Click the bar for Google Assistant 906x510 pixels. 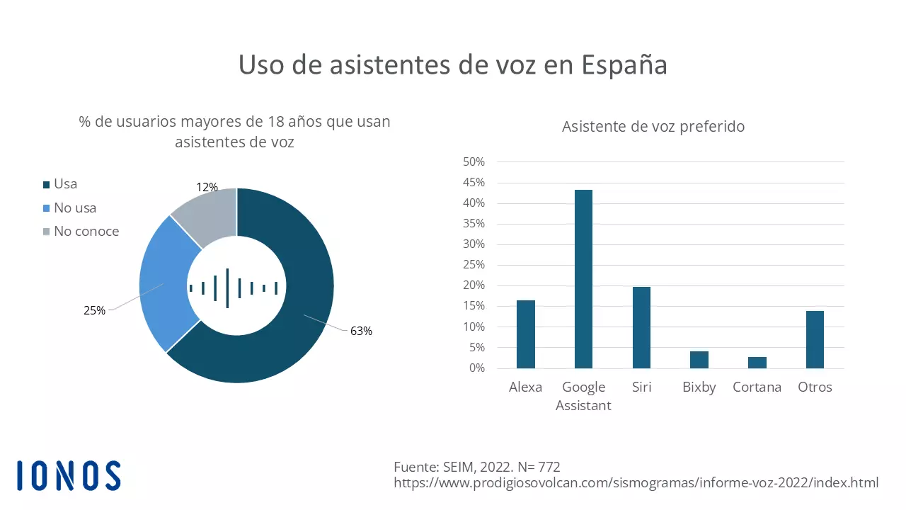583,279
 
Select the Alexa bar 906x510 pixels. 525,334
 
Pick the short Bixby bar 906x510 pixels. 699,360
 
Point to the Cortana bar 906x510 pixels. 757,363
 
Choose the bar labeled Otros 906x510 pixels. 815,339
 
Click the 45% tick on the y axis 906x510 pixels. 473,183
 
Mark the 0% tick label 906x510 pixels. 477,368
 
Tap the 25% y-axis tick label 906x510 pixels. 473,265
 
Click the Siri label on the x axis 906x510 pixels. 641,387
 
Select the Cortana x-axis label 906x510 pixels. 757,387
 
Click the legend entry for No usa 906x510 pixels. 74,208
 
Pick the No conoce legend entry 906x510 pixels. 86,232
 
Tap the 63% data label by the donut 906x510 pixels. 361,331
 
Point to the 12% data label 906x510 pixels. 207,188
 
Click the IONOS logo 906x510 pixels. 69,475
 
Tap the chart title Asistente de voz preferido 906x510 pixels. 653,127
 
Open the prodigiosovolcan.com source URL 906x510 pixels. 636,483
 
